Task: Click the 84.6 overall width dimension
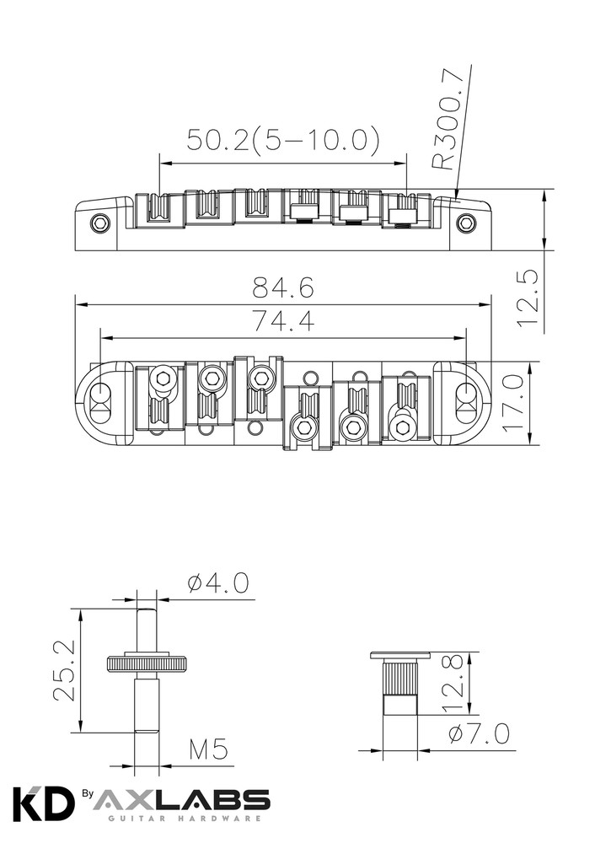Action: (283, 289)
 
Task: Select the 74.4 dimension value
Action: (283, 321)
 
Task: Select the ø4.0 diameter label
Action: (218, 583)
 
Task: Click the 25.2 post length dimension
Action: (66, 670)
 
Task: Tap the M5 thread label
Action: (208, 749)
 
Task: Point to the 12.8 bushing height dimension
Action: (453, 682)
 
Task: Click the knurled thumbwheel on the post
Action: (147, 663)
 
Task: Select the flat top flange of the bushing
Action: (400, 655)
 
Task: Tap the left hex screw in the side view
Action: (100, 223)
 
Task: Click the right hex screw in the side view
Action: (465, 223)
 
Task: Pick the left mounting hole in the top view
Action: (100, 395)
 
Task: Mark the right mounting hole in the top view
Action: (466, 395)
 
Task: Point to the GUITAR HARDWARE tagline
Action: (180, 819)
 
